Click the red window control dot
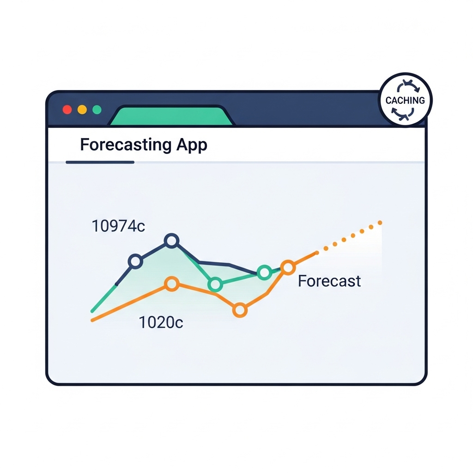point(67,109)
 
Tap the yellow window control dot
point(82,109)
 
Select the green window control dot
point(97,109)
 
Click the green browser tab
point(171,115)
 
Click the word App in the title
point(192,146)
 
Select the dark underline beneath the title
point(100,162)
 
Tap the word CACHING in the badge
point(405,100)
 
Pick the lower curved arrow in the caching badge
point(402,115)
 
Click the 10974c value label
point(118,226)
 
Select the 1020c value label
point(161,322)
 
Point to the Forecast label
point(329,281)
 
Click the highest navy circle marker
point(172,241)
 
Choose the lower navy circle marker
point(135,261)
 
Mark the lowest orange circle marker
point(240,310)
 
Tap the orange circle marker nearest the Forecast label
point(288,267)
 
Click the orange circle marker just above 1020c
point(172,284)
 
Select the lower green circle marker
point(215,284)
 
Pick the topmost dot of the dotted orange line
point(380,223)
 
